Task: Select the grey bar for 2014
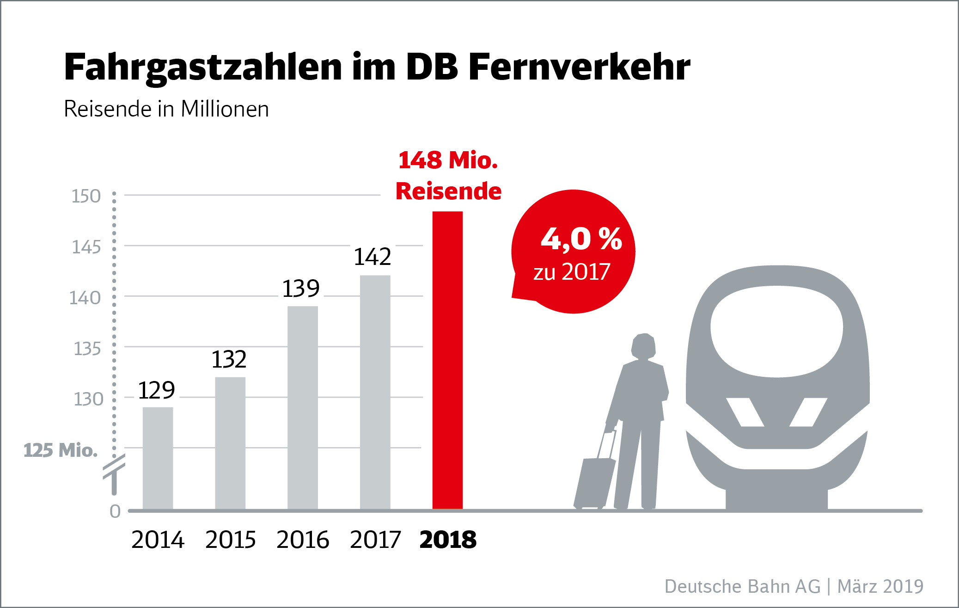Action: click(158, 458)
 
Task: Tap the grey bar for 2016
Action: click(303, 407)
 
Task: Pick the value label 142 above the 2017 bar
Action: click(373, 257)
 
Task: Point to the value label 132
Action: click(229, 359)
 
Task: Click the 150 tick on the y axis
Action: click(86, 196)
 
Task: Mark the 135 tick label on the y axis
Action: click(87, 349)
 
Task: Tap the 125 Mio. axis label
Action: click(61, 450)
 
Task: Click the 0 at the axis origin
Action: click(115, 511)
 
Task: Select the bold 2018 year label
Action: click(448, 540)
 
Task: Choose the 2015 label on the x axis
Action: click(230, 540)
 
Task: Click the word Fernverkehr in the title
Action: click(580, 68)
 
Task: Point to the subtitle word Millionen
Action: click(225, 109)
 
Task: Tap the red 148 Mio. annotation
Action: click(448, 160)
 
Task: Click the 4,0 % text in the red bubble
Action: click(581, 239)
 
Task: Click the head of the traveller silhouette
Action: click(643, 346)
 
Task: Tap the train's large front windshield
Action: click(776, 331)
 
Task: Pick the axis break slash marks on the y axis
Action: click(114, 466)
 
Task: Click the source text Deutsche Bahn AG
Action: click(742, 586)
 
